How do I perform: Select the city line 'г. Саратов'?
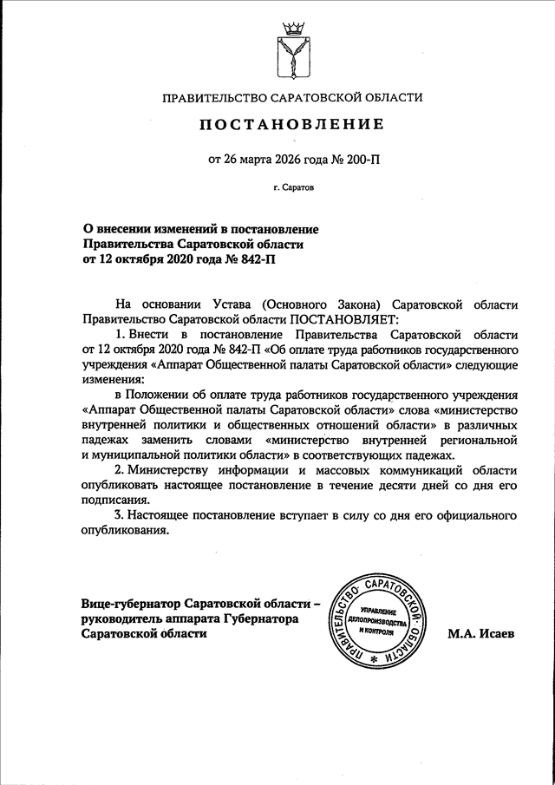pyautogui.click(x=292, y=186)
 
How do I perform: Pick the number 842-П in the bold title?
pyautogui.click(x=262, y=258)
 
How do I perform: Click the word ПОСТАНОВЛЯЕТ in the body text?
pyautogui.click(x=343, y=318)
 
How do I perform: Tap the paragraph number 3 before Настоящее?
pyautogui.click(x=118, y=515)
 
